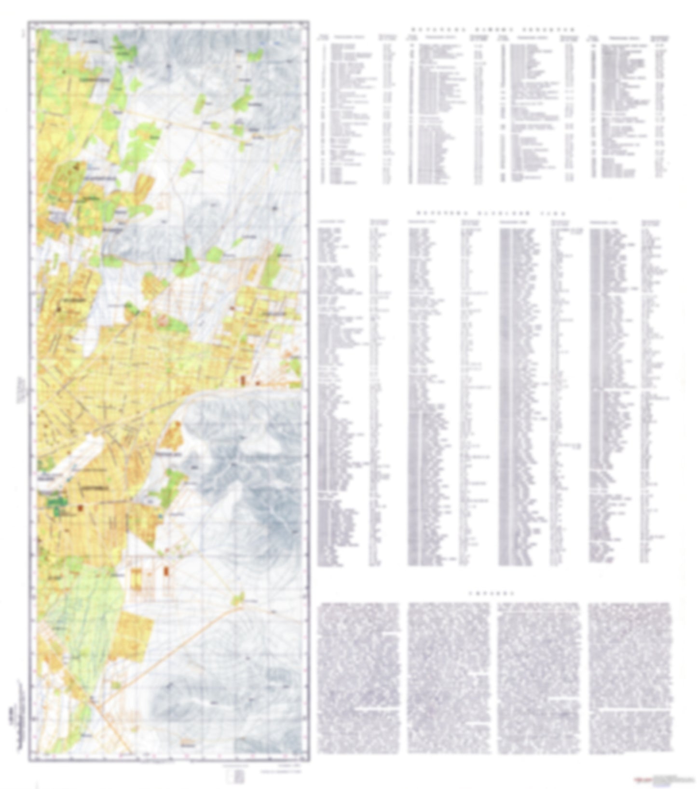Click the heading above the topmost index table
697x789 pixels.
tap(492, 29)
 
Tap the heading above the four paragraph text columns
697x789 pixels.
tap(492, 593)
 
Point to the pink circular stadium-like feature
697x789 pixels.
tap(163, 319)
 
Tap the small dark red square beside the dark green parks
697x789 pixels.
tap(80, 507)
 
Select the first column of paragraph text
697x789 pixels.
tap(359, 675)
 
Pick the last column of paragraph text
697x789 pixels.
tap(630, 675)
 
